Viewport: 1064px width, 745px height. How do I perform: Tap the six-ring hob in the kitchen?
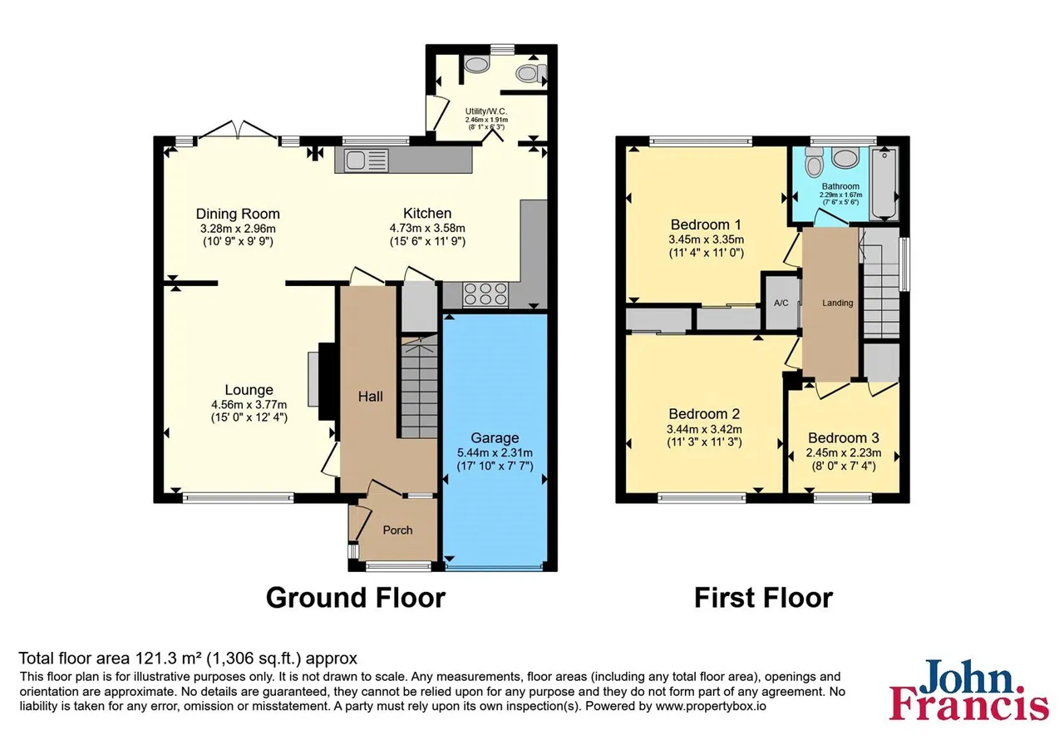(x=485, y=294)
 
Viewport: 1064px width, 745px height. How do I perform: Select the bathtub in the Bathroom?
(x=884, y=184)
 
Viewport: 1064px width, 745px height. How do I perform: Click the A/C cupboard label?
(x=781, y=303)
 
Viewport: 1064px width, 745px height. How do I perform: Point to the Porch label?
(x=397, y=530)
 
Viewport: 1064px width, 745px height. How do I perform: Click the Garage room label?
(x=495, y=437)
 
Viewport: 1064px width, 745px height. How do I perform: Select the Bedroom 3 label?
(x=844, y=437)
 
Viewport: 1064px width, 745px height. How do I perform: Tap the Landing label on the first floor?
(x=837, y=303)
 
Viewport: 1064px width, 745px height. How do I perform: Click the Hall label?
(x=370, y=397)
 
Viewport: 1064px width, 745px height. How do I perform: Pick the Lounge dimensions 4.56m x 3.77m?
(x=249, y=405)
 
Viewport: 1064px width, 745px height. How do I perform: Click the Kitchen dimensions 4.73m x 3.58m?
(x=427, y=228)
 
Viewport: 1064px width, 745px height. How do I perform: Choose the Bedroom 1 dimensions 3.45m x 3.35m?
(x=707, y=239)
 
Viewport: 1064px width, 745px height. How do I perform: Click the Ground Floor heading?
(x=356, y=598)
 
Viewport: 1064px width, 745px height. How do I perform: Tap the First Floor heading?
(x=763, y=598)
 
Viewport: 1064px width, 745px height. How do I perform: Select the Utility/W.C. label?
(x=486, y=111)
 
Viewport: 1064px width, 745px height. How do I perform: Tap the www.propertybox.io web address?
(x=711, y=706)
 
